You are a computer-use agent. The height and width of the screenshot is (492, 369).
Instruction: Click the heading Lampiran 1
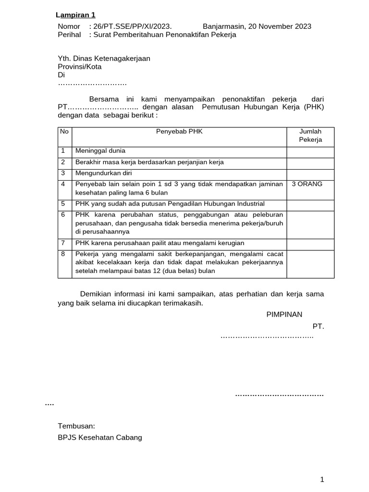tap(75, 15)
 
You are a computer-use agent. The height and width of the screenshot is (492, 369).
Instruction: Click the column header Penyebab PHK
tap(179, 131)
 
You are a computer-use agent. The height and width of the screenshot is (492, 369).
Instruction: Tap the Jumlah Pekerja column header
tap(310, 135)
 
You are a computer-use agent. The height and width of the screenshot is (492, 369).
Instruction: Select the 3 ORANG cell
tap(307, 184)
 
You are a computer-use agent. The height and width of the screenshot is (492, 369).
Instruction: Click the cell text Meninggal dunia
tap(100, 151)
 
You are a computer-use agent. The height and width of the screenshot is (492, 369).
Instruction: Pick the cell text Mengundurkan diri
tap(103, 173)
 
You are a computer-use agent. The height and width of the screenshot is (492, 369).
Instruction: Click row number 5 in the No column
tap(63, 204)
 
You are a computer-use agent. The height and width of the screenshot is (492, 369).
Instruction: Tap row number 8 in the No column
tap(63, 254)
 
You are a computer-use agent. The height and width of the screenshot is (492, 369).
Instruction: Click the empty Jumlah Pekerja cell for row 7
tap(310, 243)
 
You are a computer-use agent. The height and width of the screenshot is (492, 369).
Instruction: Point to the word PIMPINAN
tap(284, 315)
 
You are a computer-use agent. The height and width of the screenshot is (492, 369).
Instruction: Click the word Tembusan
tap(76, 426)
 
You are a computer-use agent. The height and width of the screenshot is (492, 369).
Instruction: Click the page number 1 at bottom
tap(322, 479)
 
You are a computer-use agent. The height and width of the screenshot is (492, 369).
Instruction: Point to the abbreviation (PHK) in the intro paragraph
tap(314, 107)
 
